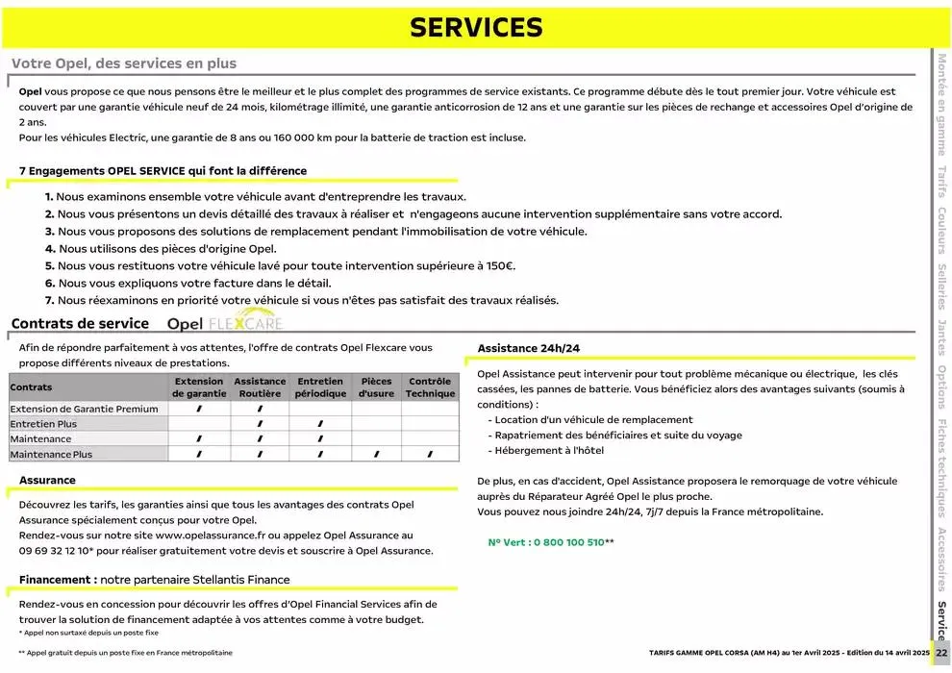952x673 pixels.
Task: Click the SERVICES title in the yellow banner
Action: (476, 28)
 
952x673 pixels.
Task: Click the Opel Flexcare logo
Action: (225, 323)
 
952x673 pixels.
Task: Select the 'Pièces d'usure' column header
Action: (376, 387)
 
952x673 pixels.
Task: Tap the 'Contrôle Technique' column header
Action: (430, 387)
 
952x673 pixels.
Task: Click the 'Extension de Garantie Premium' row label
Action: (84, 409)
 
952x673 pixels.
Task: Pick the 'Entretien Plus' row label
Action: (43, 424)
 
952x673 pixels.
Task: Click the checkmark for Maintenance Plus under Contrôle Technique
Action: (430, 455)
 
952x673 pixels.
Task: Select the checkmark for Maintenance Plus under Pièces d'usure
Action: (376, 455)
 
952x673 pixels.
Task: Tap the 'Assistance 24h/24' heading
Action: (529, 348)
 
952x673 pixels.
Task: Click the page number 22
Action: (941, 653)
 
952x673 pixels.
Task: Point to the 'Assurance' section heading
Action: (47, 480)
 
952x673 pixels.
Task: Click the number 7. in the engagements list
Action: (49, 300)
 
